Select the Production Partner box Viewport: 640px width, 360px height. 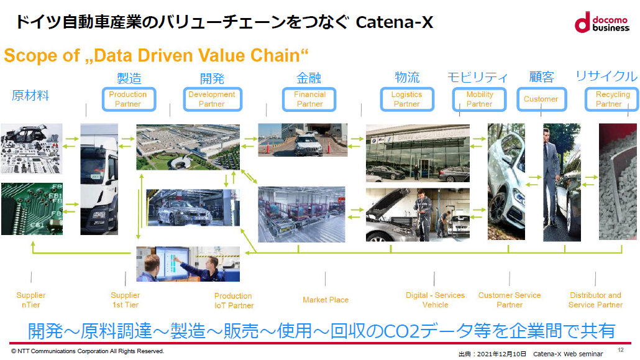click(x=127, y=99)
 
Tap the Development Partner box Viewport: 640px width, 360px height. click(x=211, y=99)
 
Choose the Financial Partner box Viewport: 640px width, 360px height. click(x=309, y=99)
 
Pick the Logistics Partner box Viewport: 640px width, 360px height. click(x=406, y=99)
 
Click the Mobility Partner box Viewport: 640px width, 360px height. click(x=479, y=99)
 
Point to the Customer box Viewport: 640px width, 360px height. click(x=541, y=99)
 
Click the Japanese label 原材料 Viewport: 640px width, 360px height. click(x=30, y=96)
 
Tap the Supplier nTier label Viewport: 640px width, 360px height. click(x=31, y=300)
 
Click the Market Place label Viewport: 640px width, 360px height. click(x=326, y=300)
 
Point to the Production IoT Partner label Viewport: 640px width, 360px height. click(x=234, y=300)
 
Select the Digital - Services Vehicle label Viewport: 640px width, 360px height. click(x=435, y=300)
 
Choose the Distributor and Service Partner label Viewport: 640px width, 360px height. click(x=595, y=300)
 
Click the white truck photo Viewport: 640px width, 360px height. click(x=99, y=179)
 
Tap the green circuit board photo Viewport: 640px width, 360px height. click(x=32, y=209)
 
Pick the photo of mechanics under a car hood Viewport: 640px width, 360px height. click(x=418, y=215)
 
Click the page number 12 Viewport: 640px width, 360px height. click(x=621, y=350)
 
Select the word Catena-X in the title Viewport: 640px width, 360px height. click(x=395, y=23)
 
